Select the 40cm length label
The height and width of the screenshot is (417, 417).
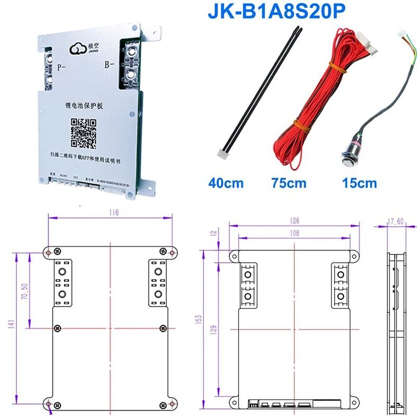pyautogui.click(x=226, y=183)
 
